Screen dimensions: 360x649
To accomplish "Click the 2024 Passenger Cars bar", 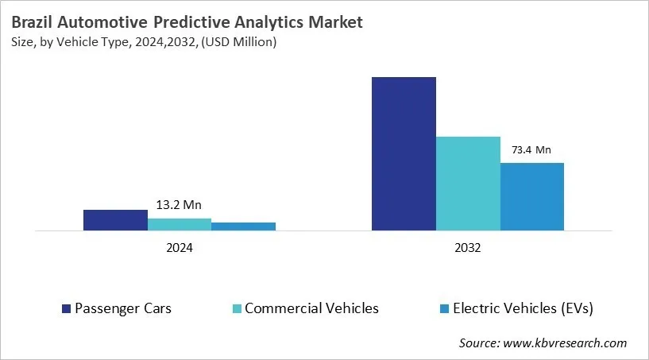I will [x=115, y=220].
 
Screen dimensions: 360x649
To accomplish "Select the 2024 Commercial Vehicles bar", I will [x=180, y=224].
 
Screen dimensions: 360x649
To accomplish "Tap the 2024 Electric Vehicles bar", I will [x=243, y=226].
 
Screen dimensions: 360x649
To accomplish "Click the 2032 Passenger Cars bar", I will [x=404, y=154].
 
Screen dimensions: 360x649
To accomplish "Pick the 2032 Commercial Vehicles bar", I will [x=468, y=184].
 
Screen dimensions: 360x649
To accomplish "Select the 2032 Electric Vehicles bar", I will [x=531, y=197].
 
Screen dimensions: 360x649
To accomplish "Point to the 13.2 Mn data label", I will [x=179, y=205].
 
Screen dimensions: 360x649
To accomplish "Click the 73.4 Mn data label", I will [x=531, y=149].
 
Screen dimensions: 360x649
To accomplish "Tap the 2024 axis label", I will [x=180, y=248].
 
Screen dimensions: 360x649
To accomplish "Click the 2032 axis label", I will [x=468, y=248].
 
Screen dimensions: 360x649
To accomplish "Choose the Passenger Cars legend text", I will [x=122, y=308].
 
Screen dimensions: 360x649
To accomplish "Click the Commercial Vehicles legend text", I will [x=311, y=308].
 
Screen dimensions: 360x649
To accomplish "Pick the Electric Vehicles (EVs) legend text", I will [x=523, y=308].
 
